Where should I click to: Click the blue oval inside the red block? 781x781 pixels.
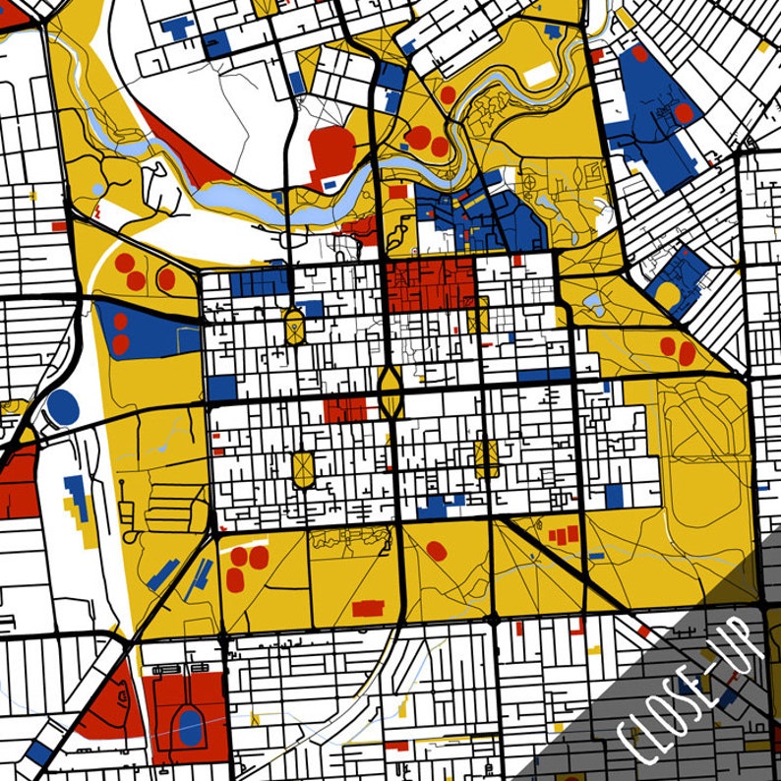190,727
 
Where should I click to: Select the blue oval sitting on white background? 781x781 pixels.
62,405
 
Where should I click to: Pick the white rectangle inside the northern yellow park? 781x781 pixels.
538,74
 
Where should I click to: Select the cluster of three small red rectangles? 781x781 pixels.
563,535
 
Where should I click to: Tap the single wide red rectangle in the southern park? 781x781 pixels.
368,608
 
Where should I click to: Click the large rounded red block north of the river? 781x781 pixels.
331,152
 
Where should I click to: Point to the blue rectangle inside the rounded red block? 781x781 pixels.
330,183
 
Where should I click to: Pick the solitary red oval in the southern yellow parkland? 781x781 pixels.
437,551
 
